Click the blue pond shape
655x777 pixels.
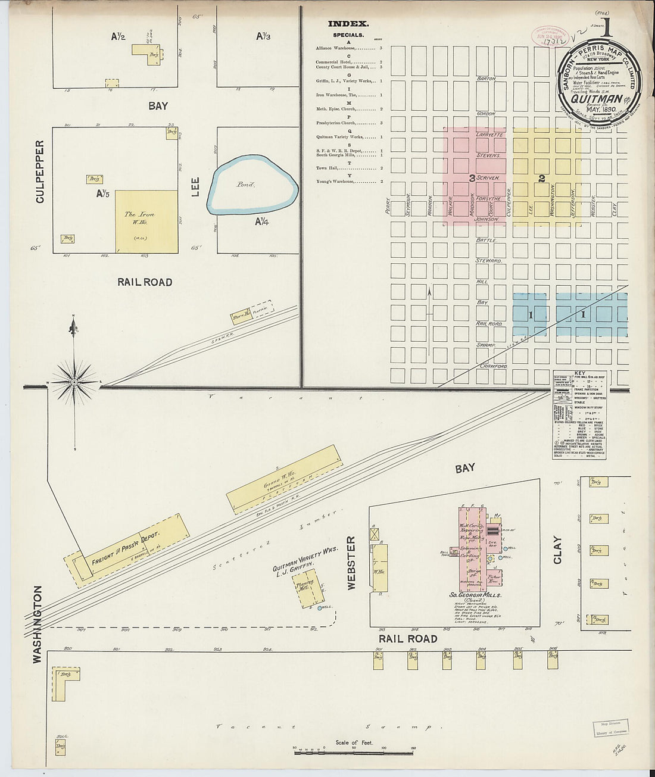click(252, 185)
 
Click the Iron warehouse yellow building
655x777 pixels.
click(146, 221)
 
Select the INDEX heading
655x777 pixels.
click(348, 24)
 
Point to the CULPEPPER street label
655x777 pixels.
click(40, 171)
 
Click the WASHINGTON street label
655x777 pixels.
click(37, 624)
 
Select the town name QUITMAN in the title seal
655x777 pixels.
click(596, 99)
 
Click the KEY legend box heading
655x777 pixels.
click(579, 373)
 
